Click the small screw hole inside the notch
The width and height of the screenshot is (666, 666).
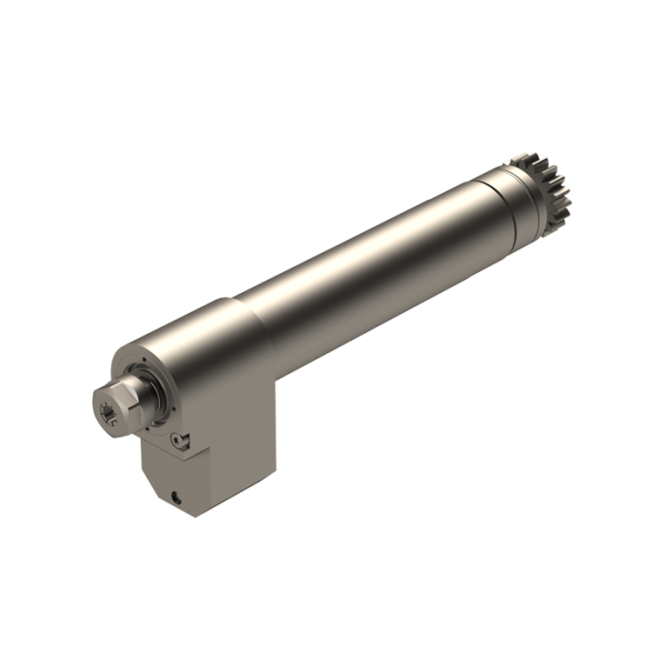(177, 439)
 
